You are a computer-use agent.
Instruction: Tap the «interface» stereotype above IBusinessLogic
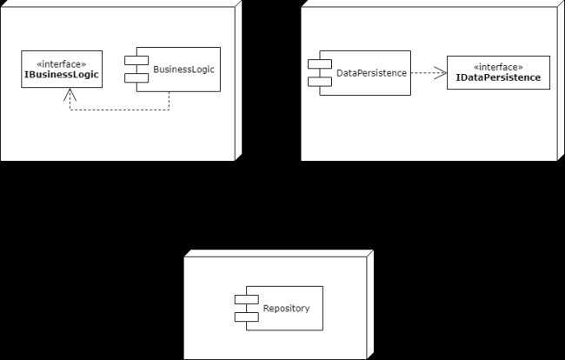(61, 64)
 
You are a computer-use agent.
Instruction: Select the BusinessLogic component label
(183, 69)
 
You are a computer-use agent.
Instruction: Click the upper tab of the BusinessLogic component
(135, 61)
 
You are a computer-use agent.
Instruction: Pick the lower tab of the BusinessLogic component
(135, 77)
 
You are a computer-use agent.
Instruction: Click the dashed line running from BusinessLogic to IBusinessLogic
(122, 110)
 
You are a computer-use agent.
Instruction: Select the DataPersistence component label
(371, 72)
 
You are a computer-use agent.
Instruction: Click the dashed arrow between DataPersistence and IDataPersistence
(426, 73)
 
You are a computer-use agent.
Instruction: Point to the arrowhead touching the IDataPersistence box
(442, 73)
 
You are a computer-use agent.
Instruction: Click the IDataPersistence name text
(498, 78)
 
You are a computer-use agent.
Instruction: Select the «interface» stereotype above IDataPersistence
(498, 67)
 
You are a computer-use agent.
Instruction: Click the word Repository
(286, 308)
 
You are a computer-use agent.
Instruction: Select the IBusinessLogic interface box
(61, 70)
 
